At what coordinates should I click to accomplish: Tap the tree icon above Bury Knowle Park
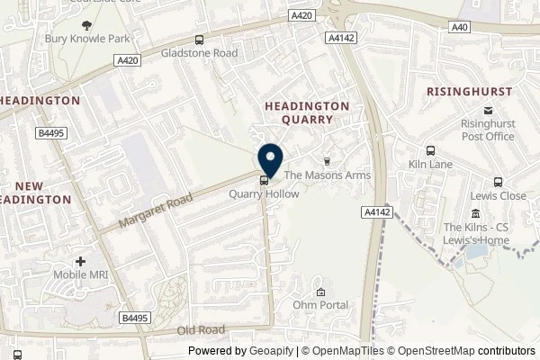86,26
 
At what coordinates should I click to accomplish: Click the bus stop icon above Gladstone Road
198,40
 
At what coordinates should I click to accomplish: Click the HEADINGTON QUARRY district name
307,112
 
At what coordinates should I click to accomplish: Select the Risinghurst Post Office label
487,130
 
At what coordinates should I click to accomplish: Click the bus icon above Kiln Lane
430,151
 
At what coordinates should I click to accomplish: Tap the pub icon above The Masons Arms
327,161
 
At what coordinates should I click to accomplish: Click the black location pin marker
270,159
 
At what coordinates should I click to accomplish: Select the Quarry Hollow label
263,193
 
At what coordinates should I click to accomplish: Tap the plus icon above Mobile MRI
81,260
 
